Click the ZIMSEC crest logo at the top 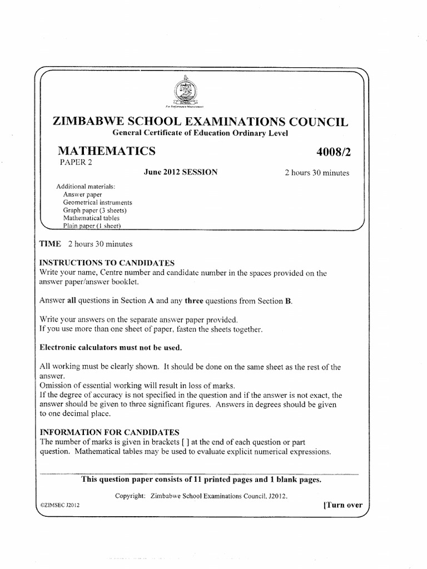[186, 90]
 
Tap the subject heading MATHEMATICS [107, 151]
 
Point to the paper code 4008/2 [331, 151]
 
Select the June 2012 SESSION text [181, 172]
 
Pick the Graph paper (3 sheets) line [95, 211]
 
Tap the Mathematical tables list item [91, 218]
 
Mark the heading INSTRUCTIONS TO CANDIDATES [107, 262]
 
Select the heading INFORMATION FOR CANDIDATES [108, 432]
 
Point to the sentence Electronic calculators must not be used [110, 347]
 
